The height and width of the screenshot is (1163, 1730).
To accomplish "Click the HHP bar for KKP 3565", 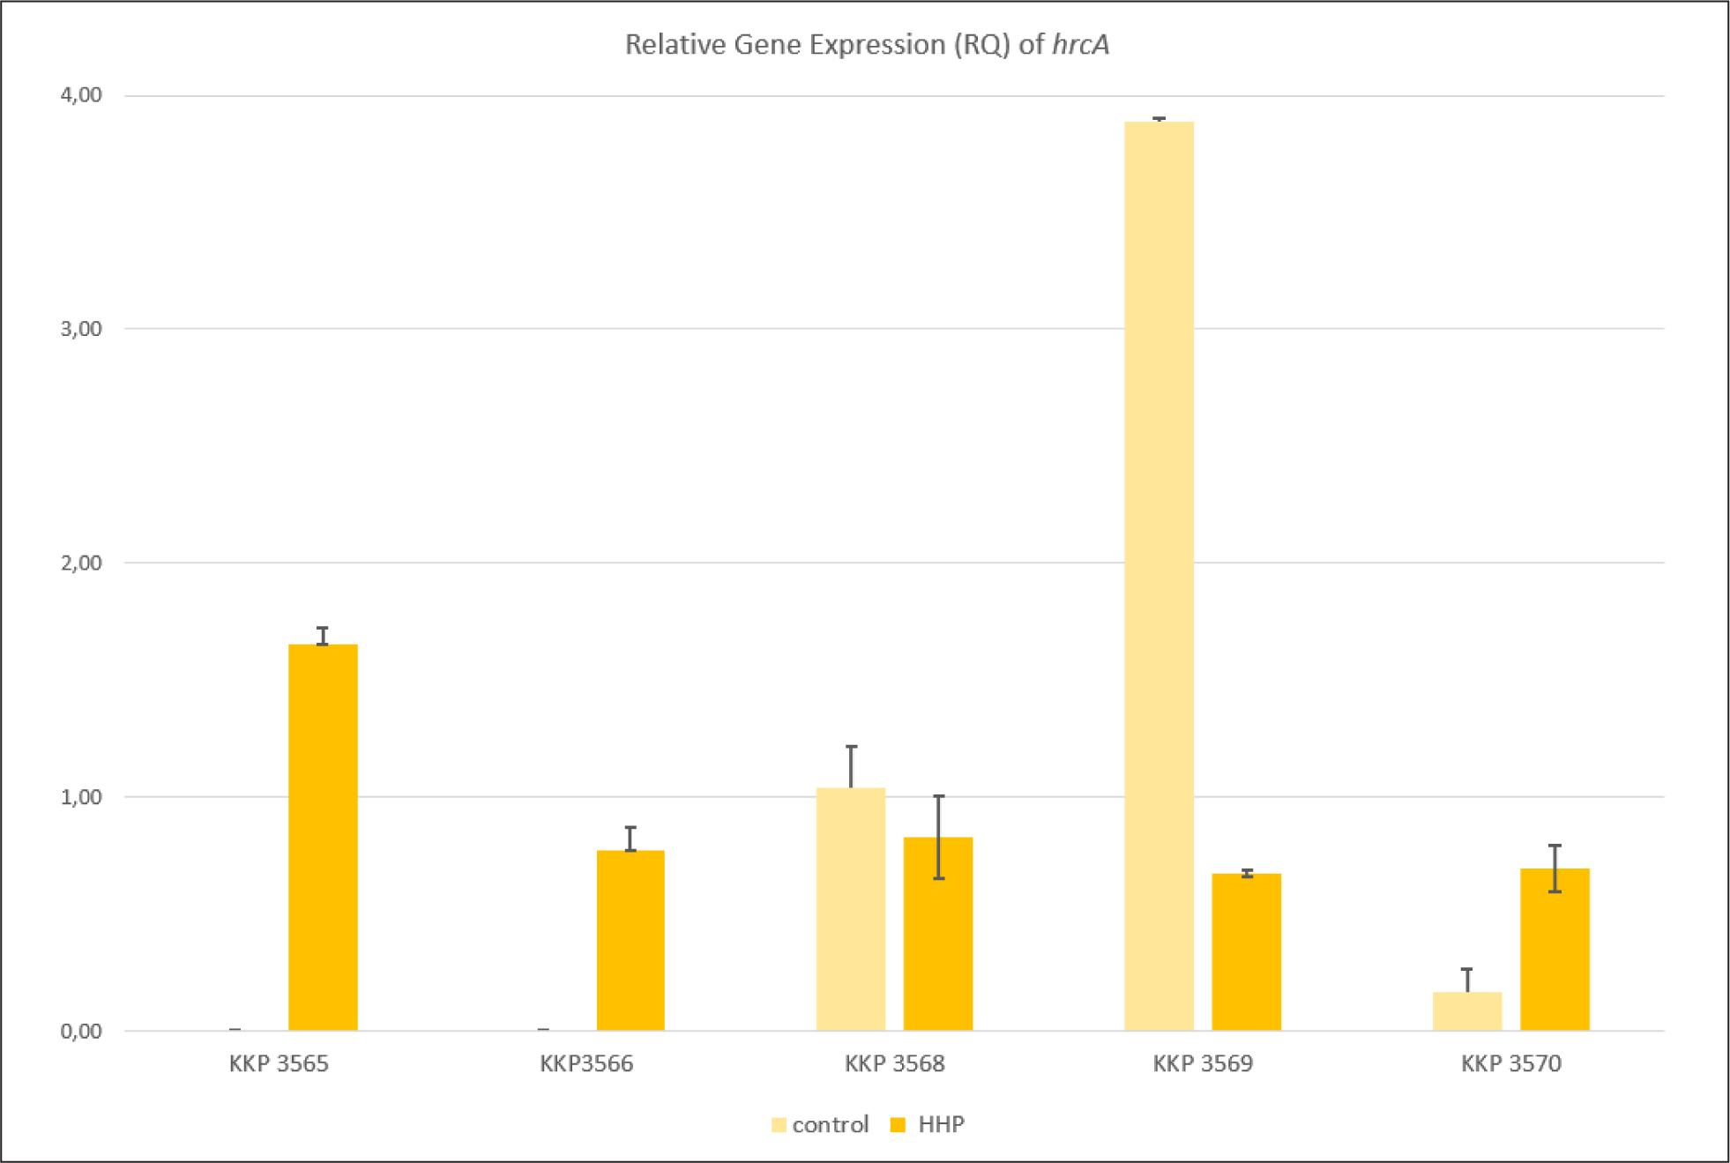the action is (x=323, y=837).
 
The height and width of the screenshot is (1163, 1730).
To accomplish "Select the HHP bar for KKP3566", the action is (x=630, y=940).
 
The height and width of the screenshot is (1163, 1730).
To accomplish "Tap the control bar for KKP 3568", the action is (x=851, y=909).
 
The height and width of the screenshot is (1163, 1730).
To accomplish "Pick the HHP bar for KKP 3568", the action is (x=938, y=934).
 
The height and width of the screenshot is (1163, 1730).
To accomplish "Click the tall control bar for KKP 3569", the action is (x=1159, y=576).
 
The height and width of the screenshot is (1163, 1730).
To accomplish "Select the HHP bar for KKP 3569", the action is (x=1246, y=952).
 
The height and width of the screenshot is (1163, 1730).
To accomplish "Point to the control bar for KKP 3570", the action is (x=1467, y=1011).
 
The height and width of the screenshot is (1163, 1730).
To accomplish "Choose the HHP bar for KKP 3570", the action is (x=1555, y=950).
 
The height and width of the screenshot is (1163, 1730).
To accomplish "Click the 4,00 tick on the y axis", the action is (x=82, y=95).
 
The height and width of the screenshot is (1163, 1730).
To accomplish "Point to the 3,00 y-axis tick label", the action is (x=82, y=329).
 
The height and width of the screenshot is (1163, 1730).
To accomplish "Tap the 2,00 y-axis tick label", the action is (x=82, y=563).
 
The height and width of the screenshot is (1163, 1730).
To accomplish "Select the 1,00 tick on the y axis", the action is (x=82, y=797).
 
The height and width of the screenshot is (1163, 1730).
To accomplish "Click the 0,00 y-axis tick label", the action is (x=82, y=1031).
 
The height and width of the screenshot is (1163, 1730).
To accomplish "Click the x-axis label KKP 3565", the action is (x=279, y=1064).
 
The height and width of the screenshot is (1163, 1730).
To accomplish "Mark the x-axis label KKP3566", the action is (x=586, y=1064).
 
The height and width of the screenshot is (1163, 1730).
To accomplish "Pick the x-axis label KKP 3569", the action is (x=1203, y=1064).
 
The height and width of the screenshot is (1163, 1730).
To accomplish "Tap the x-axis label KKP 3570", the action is (x=1511, y=1064).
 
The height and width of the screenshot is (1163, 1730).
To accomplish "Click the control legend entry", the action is (x=821, y=1125).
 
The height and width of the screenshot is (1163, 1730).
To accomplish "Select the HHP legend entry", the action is (x=928, y=1125).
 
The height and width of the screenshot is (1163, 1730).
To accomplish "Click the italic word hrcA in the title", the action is (x=1080, y=45).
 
